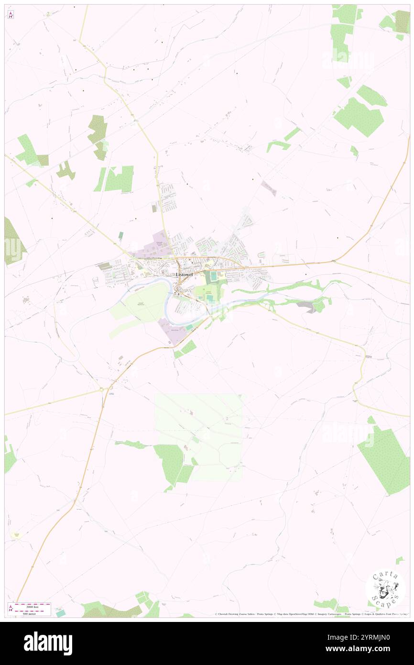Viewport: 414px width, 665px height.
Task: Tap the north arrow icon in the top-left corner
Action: [x=11, y=15]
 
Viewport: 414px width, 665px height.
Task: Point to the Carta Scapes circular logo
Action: [x=385, y=588]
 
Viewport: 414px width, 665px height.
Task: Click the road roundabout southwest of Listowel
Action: [x=102, y=390]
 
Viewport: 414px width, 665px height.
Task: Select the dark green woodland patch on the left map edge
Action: [x=13, y=242]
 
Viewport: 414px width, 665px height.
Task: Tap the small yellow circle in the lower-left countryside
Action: [x=16, y=535]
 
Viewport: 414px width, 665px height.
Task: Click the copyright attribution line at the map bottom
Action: [x=311, y=614]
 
